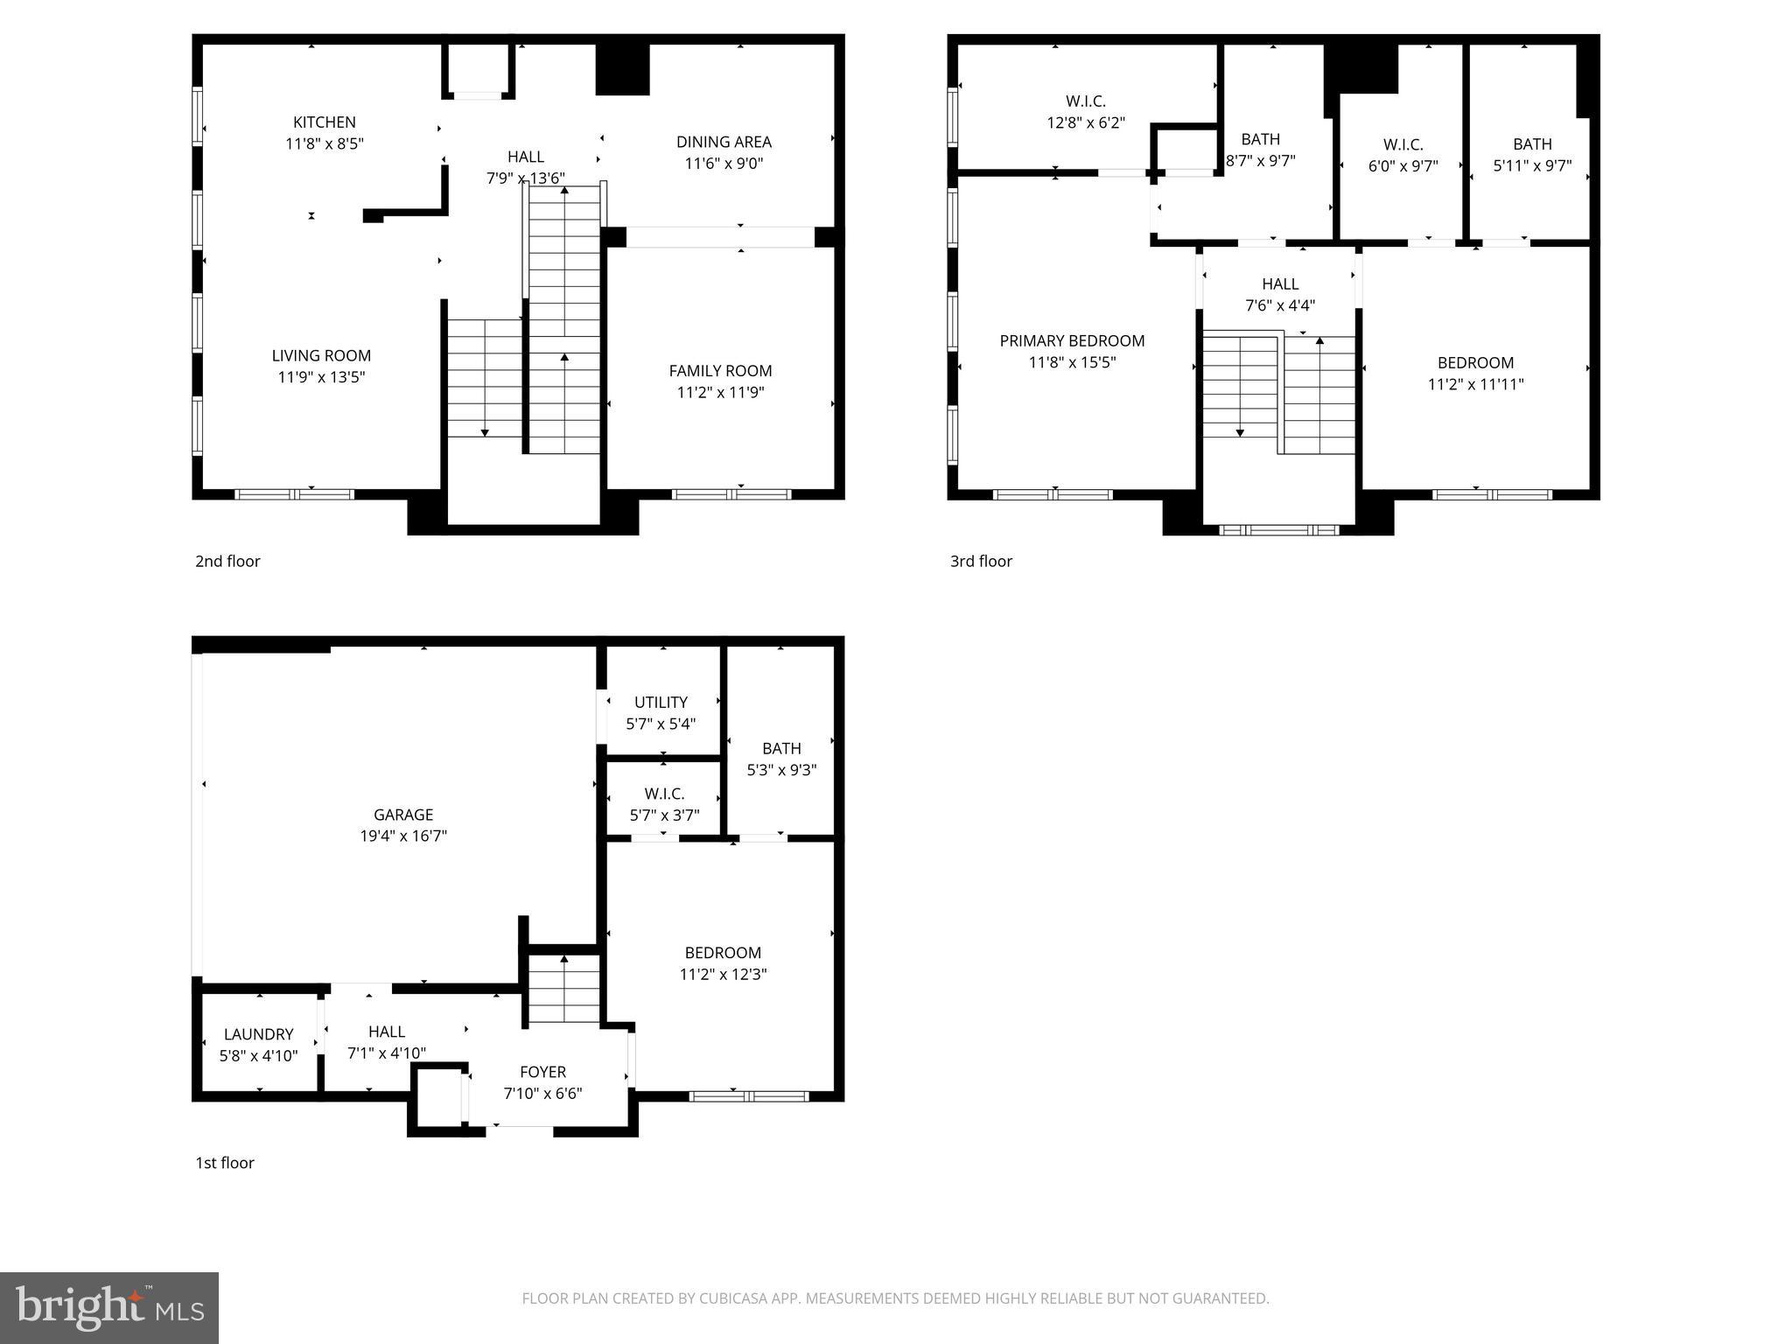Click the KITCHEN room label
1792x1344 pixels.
324,122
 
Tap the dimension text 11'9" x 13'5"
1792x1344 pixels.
321,377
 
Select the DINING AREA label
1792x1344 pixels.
724,142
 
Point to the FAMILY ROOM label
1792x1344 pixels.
720,371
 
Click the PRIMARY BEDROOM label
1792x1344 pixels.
1072,341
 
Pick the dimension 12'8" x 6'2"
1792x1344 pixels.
1086,123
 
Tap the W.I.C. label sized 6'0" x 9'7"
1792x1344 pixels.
1403,144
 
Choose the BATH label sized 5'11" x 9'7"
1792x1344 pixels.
1532,144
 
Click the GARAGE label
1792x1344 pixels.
403,815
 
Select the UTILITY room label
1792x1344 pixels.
661,703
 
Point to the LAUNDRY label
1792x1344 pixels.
258,1034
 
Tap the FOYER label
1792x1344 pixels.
542,1072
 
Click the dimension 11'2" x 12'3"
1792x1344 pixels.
723,975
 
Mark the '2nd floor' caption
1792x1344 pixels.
227,562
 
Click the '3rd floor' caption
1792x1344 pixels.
981,562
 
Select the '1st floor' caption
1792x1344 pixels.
224,1163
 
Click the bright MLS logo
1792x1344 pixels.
109,1308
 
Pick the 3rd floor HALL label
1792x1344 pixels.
1279,284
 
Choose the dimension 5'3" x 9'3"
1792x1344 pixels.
781,770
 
